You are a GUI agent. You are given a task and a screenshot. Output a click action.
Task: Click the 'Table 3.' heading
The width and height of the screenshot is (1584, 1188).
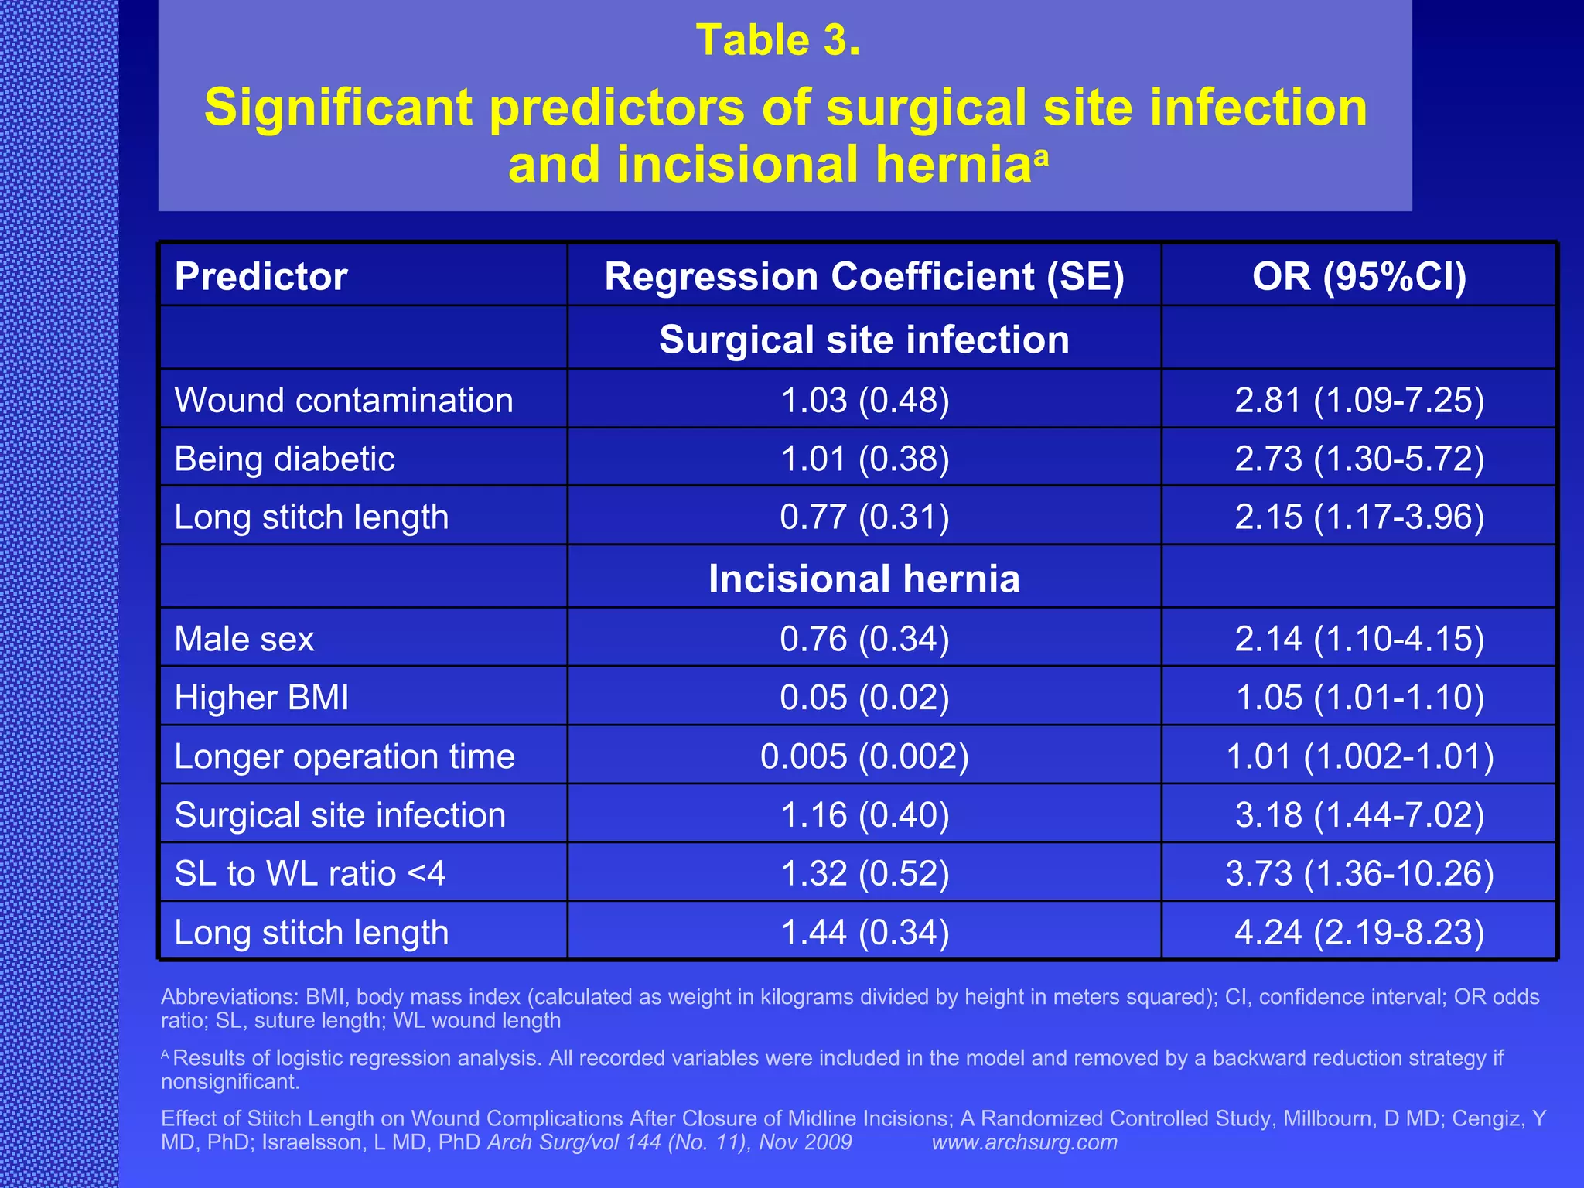(x=778, y=40)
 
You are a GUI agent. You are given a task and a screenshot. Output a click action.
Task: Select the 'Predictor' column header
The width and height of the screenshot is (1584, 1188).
(x=261, y=277)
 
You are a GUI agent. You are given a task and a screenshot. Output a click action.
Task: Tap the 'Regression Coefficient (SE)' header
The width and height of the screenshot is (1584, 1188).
(x=864, y=277)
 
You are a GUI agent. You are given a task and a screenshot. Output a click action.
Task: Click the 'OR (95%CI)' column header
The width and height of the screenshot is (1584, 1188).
(x=1359, y=277)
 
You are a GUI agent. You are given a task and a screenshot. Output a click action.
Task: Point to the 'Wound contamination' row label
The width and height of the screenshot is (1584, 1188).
(x=343, y=401)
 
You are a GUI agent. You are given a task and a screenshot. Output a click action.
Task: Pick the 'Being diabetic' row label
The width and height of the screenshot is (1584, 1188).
(x=285, y=459)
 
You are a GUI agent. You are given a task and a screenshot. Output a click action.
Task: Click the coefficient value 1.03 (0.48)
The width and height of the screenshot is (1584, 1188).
(x=865, y=401)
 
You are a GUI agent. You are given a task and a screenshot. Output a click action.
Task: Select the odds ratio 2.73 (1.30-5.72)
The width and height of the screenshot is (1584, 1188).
(x=1359, y=459)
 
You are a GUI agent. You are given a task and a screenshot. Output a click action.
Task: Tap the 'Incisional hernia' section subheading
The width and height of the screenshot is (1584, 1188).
(x=864, y=579)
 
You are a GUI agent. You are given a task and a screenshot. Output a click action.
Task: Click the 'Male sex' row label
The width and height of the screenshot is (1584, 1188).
(x=244, y=640)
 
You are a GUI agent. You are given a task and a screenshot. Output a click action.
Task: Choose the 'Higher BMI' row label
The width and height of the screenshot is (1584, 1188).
(x=261, y=698)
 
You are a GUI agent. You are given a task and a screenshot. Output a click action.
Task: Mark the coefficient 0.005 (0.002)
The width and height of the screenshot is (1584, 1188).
(x=865, y=756)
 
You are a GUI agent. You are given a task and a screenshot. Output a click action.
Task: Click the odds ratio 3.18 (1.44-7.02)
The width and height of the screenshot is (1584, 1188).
(x=1359, y=815)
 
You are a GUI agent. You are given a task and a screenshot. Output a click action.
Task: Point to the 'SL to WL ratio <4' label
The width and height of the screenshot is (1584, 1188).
(x=309, y=874)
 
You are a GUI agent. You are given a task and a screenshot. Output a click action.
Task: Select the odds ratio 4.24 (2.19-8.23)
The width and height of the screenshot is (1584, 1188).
(x=1359, y=933)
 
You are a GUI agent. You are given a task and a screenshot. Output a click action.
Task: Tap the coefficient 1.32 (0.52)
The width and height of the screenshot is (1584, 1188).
(x=865, y=874)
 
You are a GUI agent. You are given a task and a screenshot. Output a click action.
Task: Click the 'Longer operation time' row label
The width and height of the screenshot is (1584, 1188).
(x=344, y=756)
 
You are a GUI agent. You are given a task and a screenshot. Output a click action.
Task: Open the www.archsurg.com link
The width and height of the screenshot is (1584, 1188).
(x=1024, y=1142)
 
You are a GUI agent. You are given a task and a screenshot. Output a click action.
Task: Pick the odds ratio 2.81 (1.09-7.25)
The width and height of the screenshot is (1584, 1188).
(x=1359, y=401)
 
